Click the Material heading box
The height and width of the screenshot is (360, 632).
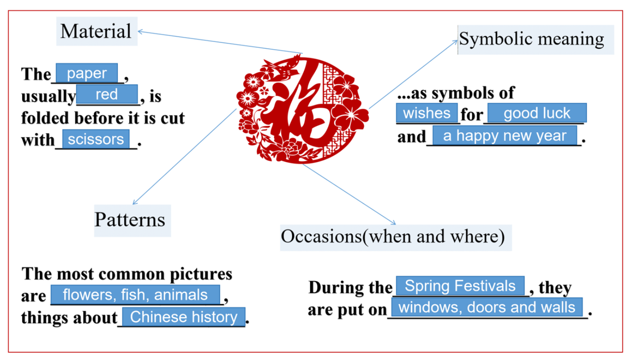click(96, 31)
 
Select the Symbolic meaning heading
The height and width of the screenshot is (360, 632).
click(535, 40)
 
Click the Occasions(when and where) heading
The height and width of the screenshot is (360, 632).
click(395, 236)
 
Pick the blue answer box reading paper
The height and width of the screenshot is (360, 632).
click(87, 73)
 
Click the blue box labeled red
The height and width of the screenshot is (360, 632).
click(107, 94)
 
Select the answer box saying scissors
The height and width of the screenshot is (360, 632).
click(96, 139)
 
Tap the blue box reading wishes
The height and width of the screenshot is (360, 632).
click(427, 113)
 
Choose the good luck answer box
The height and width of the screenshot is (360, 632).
click(537, 113)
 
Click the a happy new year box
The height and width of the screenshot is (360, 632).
click(505, 135)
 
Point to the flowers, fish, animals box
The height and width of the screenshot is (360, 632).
click(135, 295)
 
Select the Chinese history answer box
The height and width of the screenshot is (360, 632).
click(183, 317)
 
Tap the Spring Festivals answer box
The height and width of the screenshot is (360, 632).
click(460, 286)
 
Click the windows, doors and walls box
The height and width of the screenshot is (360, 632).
click(487, 307)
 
